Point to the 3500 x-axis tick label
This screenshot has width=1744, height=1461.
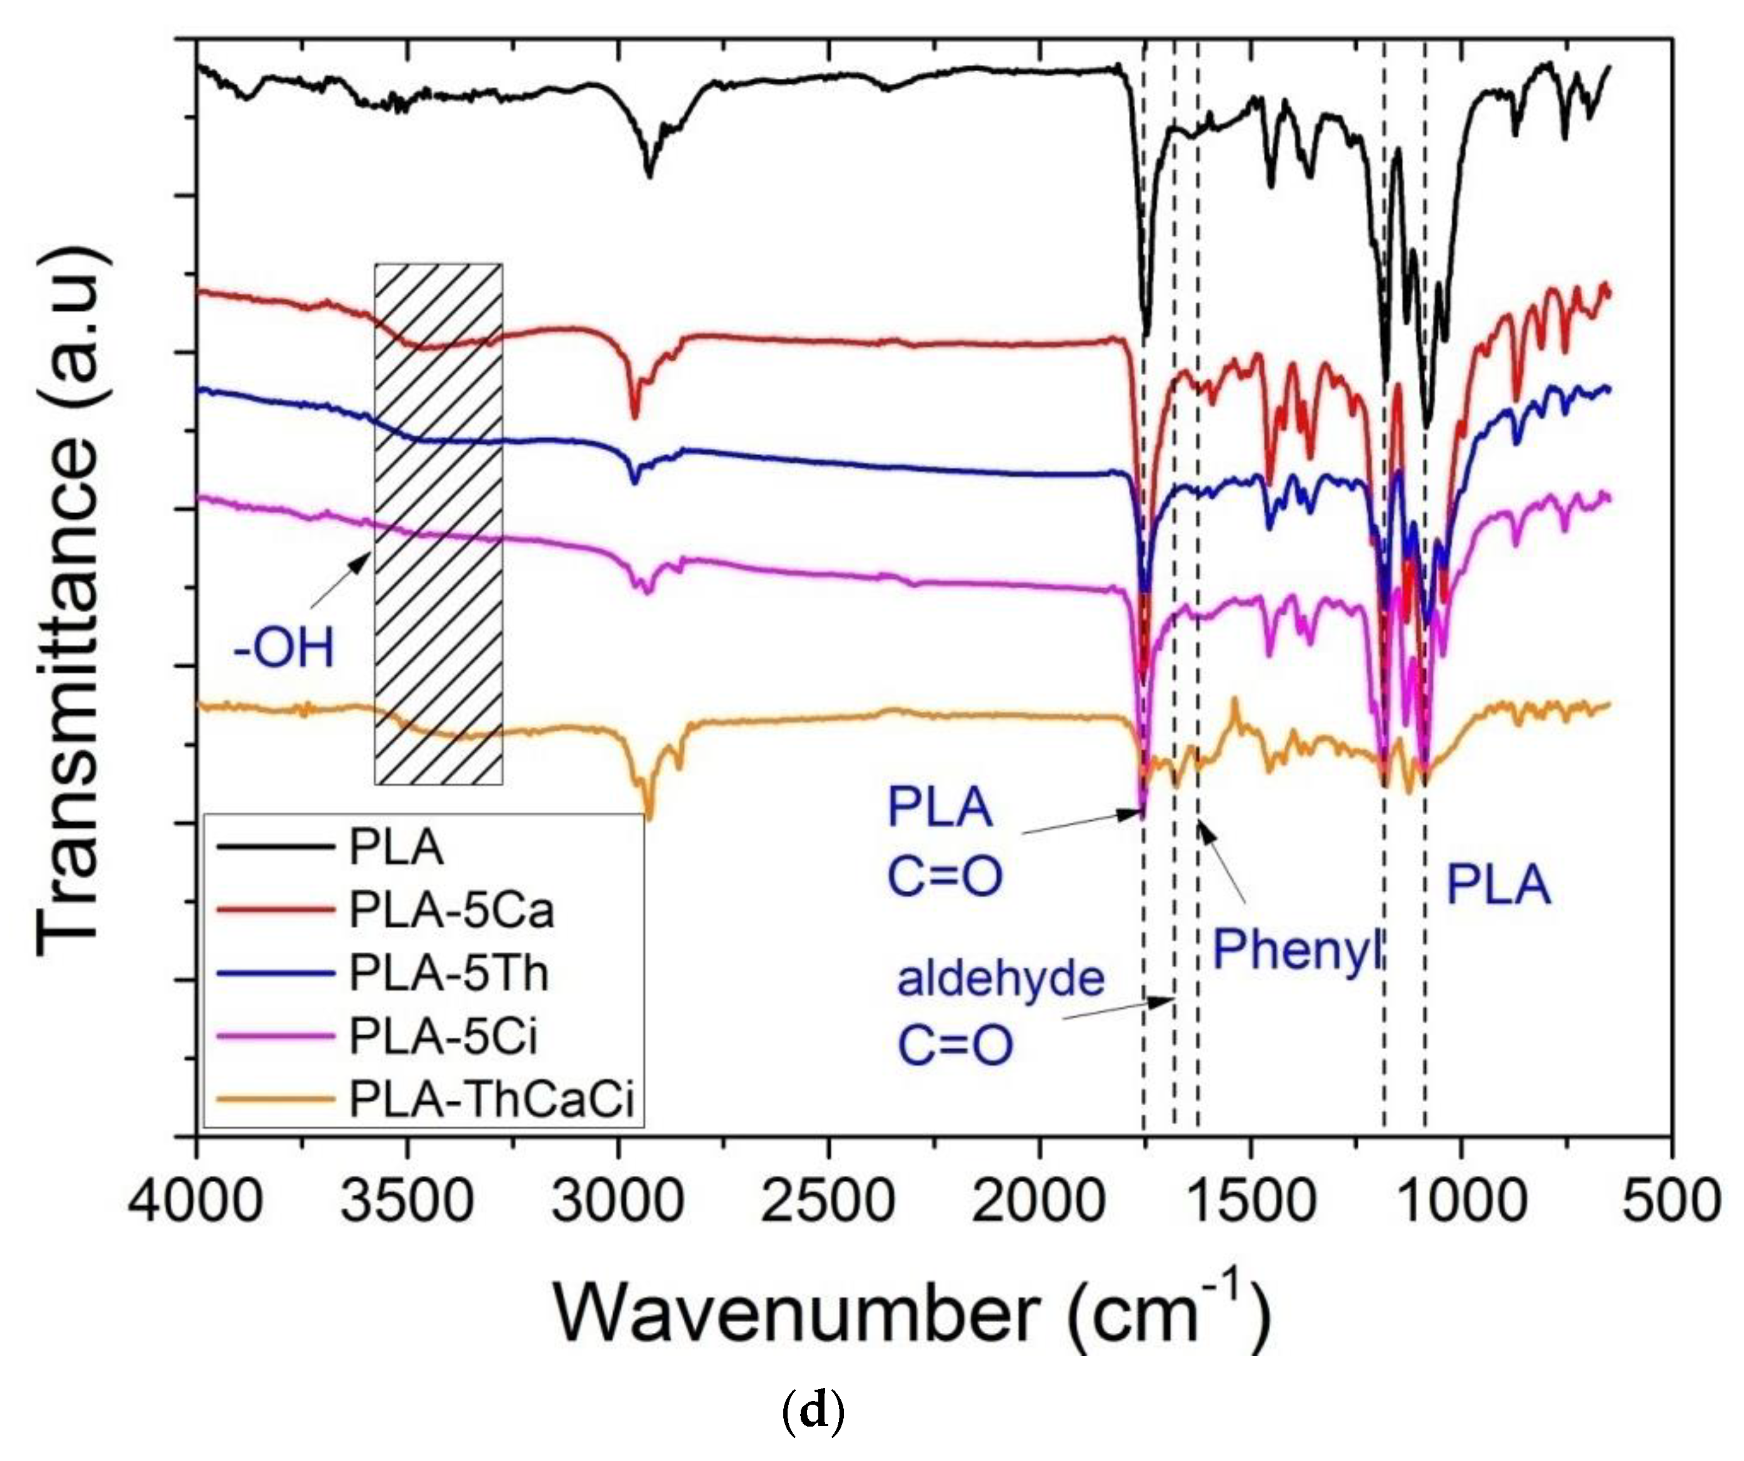click(407, 1201)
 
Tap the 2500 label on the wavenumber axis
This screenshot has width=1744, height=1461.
click(828, 1201)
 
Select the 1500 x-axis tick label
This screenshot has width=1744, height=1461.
click(1250, 1201)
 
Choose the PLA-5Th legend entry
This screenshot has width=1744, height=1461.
click(448, 973)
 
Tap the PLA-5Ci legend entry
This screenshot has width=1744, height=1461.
click(443, 1037)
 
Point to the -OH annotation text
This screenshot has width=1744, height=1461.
click(284, 648)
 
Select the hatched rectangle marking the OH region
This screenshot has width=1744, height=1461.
click(438, 523)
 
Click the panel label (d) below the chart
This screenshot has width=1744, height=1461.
click(813, 1410)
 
